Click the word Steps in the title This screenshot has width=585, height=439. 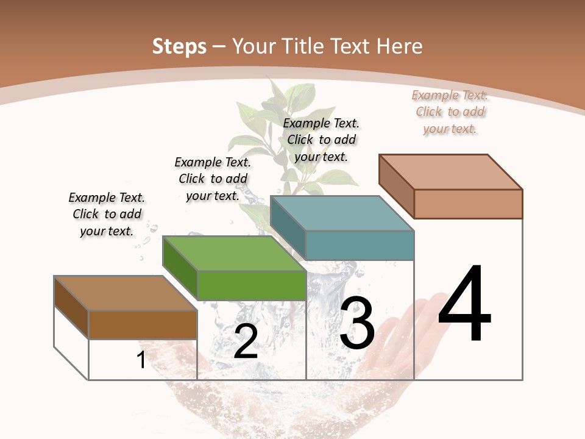click(x=179, y=46)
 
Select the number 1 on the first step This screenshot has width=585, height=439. click(x=141, y=360)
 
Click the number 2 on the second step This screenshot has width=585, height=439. click(x=246, y=342)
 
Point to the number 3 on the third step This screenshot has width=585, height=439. click(x=357, y=323)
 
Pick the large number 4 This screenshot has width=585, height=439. click(x=464, y=304)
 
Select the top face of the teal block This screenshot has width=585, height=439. click(x=342, y=213)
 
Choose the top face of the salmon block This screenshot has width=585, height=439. click(x=450, y=172)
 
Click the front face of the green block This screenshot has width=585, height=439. click(x=252, y=285)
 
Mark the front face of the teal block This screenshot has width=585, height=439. click(x=360, y=245)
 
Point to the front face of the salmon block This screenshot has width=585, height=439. click(x=468, y=204)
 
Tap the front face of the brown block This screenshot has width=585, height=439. click(x=143, y=324)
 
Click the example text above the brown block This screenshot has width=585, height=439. click(x=107, y=214)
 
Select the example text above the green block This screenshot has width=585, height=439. click(x=213, y=179)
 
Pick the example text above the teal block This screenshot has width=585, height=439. click(x=321, y=140)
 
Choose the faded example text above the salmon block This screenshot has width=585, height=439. click(x=450, y=112)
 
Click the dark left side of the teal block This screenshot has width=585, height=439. click(x=288, y=228)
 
